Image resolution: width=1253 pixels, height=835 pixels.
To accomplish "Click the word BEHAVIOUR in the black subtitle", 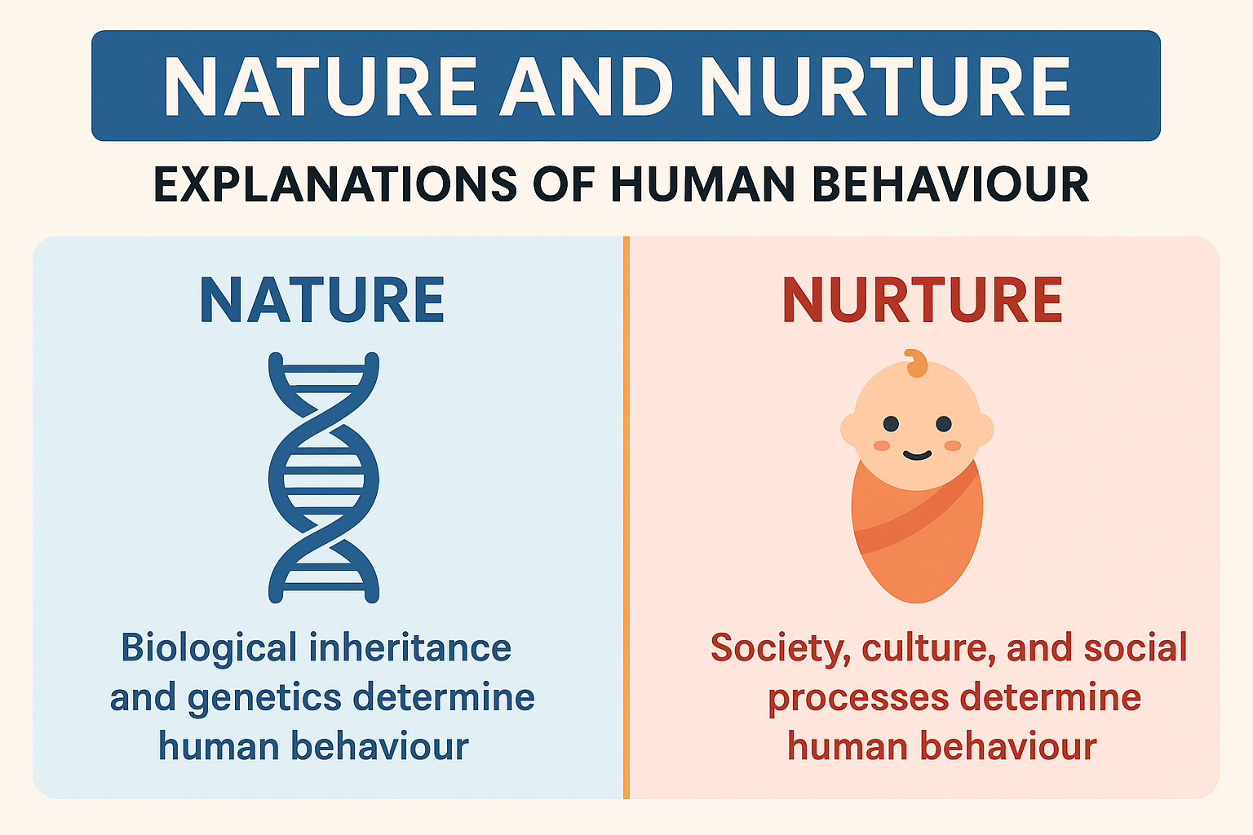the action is (x=950, y=184).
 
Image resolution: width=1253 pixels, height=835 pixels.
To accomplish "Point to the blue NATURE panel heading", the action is (x=322, y=300).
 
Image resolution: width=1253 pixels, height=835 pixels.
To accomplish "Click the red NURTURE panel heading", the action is (x=923, y=300).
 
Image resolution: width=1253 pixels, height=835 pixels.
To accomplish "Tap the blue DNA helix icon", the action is (x=324, y=478).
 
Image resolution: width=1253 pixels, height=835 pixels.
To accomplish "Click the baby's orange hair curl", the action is (x=917, y=364).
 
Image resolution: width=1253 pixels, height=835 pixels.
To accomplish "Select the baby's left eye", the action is (x=891, y=424).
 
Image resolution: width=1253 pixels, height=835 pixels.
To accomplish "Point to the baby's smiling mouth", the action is (x=918, y=456).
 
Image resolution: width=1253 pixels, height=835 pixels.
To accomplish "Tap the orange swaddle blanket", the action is (x=917, y=537).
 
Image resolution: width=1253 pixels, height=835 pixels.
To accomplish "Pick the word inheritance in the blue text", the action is (x=410, y=647).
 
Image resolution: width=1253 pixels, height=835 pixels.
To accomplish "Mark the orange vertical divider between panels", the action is (x=626, y=517).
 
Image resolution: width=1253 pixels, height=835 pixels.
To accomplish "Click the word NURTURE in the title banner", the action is (x=885, y=86).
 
